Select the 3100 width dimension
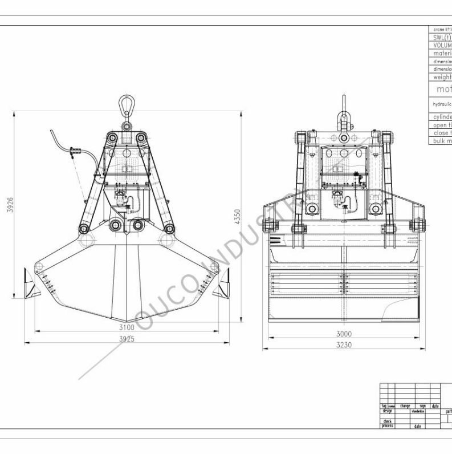click(127, 327)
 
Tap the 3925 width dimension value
click(127, 339)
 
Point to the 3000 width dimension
click(344, 334)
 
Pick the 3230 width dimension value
click(344, 345)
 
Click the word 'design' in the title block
click(388, 411)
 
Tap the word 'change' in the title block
click(405, 406)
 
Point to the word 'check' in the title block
click(387, 421)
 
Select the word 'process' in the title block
click(388, 425)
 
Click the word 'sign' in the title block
click(423, 406)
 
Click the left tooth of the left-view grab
click(30, 285)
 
